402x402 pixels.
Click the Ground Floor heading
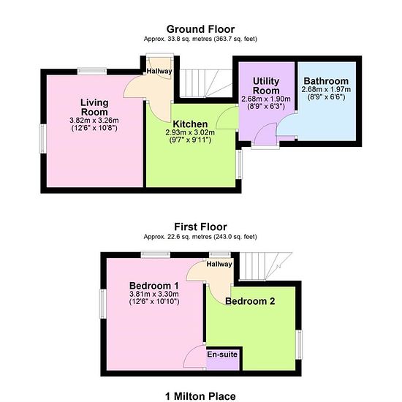point(200,29)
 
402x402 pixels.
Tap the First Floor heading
point(200,227)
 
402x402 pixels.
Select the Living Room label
point(94,107)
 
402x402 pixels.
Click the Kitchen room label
point(190,124)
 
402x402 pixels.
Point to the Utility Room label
point(266,86)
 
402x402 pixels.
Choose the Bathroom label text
point(326,81)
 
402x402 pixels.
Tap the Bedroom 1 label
point(153,286)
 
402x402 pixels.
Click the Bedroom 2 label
point(250,301)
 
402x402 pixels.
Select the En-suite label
point(222,354)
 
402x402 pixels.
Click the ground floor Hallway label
point(159,71)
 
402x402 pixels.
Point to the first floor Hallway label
point(219,264)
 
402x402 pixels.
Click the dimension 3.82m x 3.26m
point(94,121)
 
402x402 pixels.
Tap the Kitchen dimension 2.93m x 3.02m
point(190,132)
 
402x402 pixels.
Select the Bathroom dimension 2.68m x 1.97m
point(326,89)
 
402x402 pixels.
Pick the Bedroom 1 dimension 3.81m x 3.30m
point(154,294)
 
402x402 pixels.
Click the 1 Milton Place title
point(200,396)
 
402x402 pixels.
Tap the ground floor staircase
point(206,83)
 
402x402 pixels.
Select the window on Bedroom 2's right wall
point(299,344)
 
